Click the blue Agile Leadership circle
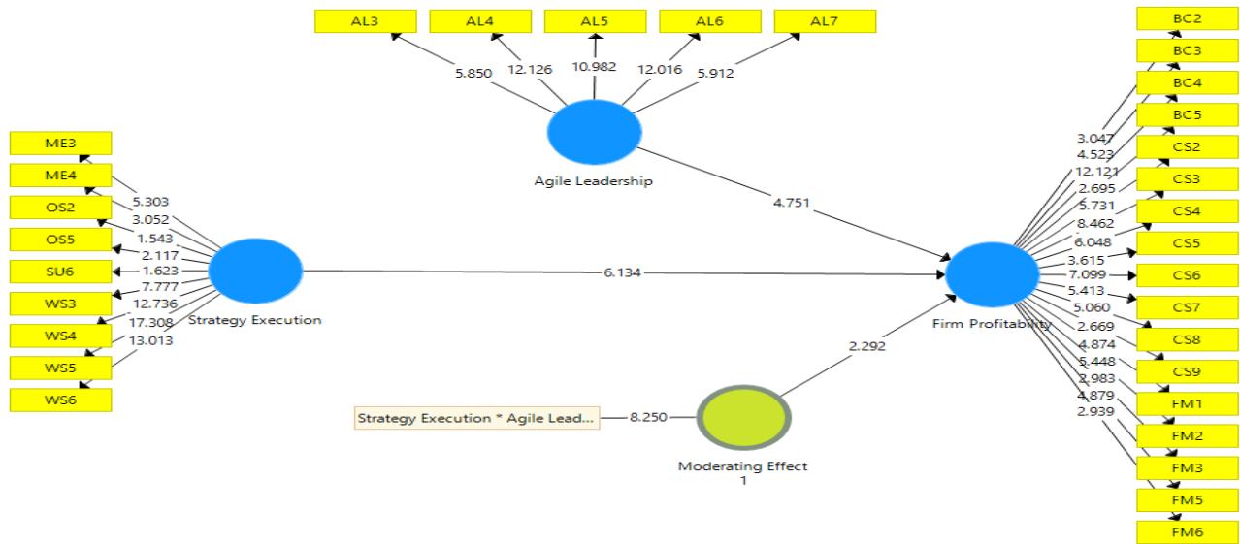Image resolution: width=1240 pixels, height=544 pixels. point(594,134)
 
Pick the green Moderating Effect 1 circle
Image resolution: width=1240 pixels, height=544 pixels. point(743,419)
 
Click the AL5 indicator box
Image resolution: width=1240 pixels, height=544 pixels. point(595,20)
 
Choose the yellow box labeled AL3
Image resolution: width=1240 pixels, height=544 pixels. point(366,20)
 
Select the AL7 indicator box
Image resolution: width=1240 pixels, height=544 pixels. point(825,20)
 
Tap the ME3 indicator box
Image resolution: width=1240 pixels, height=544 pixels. point(60,144)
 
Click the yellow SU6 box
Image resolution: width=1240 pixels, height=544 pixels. point(60,272)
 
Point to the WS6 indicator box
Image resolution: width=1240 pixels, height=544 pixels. point(60,400)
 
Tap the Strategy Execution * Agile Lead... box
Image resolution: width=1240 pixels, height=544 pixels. point(475,419)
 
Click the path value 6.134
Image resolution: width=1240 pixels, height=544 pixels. point(620,272)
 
